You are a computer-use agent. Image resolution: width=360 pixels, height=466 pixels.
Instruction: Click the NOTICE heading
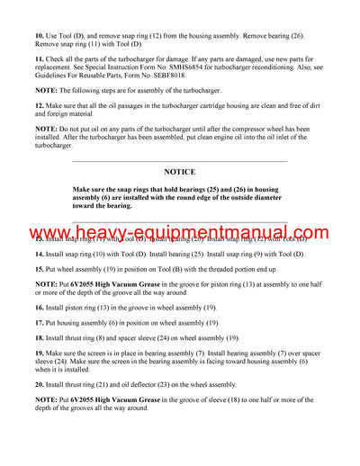tap(179, 171)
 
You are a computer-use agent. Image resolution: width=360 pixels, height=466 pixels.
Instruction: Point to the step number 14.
tap(40, 255)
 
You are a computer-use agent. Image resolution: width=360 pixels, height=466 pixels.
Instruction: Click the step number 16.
tap(40, 307)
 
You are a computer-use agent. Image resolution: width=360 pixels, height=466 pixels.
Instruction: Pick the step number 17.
tap(40, 321)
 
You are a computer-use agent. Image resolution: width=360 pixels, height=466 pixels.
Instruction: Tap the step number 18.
tap(40, 336)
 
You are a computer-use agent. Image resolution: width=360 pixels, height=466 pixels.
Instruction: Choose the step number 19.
tap(40, 352)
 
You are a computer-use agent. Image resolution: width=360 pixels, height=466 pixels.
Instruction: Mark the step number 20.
tap(40, 383)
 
